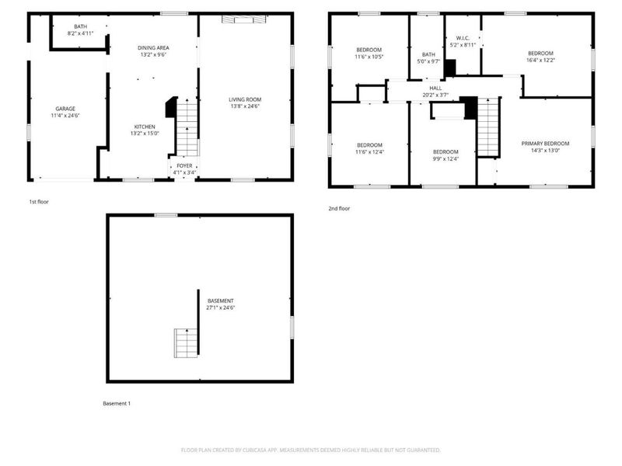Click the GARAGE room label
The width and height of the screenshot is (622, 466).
coord(65,109)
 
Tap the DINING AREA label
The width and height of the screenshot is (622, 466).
coord(154,48)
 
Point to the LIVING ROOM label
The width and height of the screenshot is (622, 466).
coord(244,99)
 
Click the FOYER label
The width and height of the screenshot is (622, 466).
coord(183,165)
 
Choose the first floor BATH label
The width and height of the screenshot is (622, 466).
coord(79,27)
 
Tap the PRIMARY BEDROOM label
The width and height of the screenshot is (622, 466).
coord(545,144)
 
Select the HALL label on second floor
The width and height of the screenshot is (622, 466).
coord(435,89)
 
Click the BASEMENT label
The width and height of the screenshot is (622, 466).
coord(221,301)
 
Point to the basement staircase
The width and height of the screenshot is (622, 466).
coord(184,343)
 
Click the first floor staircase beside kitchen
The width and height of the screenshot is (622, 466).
coord(187,132)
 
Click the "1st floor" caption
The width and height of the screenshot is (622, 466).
coord(39,201)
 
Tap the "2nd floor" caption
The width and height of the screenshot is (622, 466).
coord(339,208)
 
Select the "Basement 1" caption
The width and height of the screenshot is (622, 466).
coord(117,403)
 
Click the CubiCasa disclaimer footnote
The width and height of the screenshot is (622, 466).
coord(310,450)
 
